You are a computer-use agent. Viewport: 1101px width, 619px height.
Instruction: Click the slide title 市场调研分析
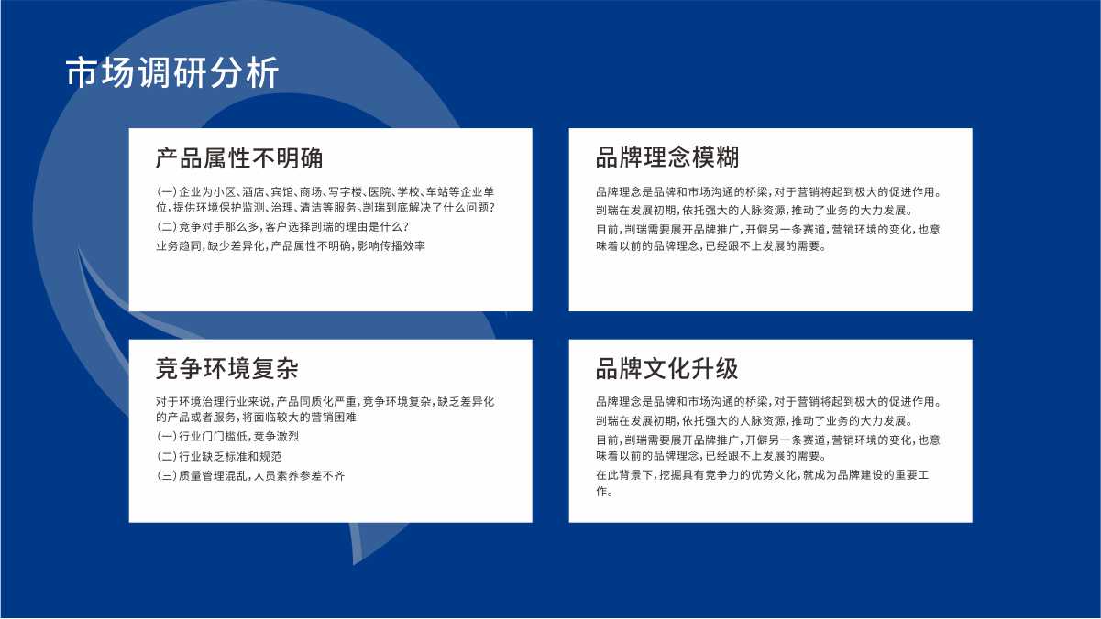172,72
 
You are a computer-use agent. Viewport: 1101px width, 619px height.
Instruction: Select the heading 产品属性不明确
239,158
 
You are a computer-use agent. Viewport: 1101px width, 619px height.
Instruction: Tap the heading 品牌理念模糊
667,157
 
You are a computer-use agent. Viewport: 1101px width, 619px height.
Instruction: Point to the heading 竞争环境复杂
227,368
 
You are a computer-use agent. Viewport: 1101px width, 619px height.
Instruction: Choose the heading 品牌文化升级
667,368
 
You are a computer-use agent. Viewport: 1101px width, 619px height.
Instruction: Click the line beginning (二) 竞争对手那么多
282,227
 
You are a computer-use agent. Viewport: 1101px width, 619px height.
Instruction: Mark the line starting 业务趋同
291,246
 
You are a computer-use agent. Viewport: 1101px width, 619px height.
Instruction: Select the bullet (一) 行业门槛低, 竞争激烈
227,437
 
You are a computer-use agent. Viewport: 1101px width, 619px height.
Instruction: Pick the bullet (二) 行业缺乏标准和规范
219,457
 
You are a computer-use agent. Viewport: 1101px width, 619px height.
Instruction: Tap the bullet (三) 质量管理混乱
250,475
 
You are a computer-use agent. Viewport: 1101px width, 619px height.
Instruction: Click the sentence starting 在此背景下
763,483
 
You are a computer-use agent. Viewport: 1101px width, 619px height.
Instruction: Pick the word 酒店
253,192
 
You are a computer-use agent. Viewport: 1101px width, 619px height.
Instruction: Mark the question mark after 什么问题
492,208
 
